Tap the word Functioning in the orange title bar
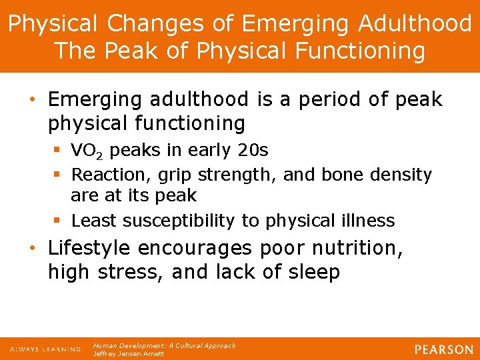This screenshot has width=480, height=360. click(353, 51)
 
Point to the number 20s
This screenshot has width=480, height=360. click(253, 151)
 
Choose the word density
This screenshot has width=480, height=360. click(403, 175)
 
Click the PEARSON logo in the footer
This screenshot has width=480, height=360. click(443, 349)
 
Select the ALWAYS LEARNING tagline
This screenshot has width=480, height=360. click(45, 349)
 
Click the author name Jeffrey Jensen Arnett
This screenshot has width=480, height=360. click(128, 354)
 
